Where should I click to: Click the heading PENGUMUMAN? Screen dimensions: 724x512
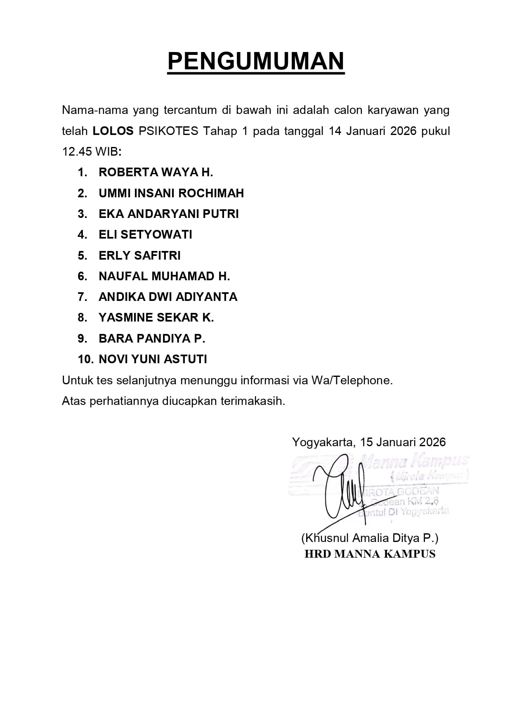pyautogui.click(x=256, y=62)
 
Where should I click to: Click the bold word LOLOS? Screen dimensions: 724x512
pyautogui.click(x=113, y=131)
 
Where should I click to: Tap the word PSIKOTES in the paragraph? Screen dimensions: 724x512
pyautogui.click(x=168, y=131)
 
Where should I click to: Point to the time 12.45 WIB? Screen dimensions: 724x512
pyautogui.click(x=91, y=152)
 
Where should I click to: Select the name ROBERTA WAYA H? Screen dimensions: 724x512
pyautogui.click(x=156, y=173)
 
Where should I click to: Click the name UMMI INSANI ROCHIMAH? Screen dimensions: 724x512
pyautogui.click(x=171, y=193)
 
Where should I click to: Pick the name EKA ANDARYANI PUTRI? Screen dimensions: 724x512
pyautogui.click(x=168, y=214)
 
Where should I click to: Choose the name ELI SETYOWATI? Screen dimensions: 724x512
pyautogui.click(x=145, y=234)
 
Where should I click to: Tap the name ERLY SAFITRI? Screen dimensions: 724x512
pyautogui.click(x=139, y=256)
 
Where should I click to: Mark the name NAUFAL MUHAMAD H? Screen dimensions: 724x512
pyautogui.click(x=164, y=276)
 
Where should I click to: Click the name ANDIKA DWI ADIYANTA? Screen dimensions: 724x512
pyautogui.click(x=168, y=297)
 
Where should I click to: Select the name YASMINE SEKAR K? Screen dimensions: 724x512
pyautogui.click(x=156, y=317)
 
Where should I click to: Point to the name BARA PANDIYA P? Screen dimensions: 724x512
pyautogui.click(x=152, y=338)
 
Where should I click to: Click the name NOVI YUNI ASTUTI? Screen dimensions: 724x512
pyautogui.click(x=153, y=359)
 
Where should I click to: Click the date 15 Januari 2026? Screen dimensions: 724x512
pyautogui.click(x=403, y=442)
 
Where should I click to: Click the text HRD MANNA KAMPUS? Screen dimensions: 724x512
pyautogui.click(x=370, y=554)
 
